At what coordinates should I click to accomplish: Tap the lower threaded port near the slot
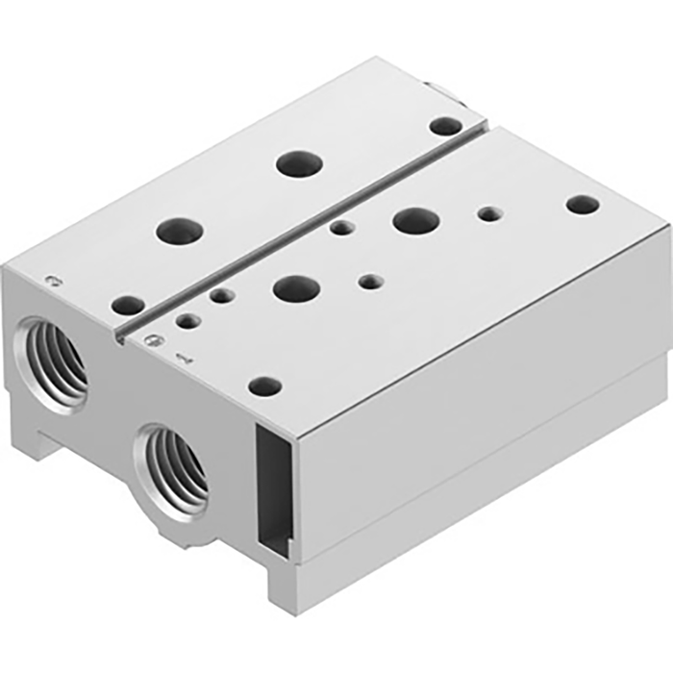tap(172, 465)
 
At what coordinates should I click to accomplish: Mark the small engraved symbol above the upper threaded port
tap(55, 281)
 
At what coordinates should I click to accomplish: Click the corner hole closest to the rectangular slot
tap(264, 386)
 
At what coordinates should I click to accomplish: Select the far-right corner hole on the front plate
tap(581, 204)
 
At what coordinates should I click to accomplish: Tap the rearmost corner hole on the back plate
tap(444, 126)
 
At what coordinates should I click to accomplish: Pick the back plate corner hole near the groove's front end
tap(127, 306)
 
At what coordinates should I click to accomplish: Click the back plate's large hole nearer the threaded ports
tap(181, 229)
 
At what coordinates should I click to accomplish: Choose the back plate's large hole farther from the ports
tap(297, 162)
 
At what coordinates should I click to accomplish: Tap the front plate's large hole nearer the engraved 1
tap(296, 287)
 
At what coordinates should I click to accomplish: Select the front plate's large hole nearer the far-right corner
tap(415, 220)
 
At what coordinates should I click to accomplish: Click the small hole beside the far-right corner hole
tap(489, 212)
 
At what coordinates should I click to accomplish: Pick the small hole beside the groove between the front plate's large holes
tap(341, 228)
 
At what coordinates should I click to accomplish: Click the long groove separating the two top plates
tap(308, 227)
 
